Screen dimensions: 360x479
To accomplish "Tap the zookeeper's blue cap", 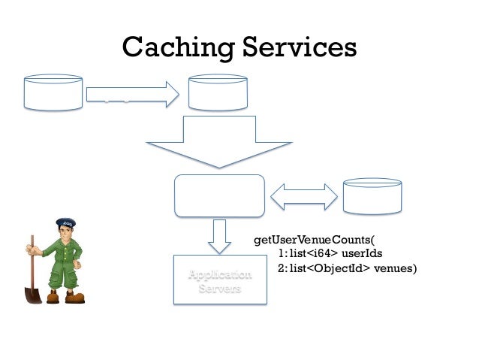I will point(65,223).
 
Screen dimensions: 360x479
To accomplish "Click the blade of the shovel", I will point(33,291).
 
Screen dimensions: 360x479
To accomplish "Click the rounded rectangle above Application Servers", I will point(219,195).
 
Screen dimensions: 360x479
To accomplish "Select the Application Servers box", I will point(219,280).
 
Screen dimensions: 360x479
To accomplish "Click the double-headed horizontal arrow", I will point(303,196).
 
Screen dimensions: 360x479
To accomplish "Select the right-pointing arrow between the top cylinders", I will point(132,94).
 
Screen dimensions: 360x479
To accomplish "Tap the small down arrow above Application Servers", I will point(219,235).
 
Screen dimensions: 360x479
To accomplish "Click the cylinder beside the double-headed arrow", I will point(372,196).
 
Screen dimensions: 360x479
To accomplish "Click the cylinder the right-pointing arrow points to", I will point(218,92).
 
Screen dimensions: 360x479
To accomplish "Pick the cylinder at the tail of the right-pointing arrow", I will point(53,92).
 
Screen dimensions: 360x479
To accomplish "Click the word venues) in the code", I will point(395,268).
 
